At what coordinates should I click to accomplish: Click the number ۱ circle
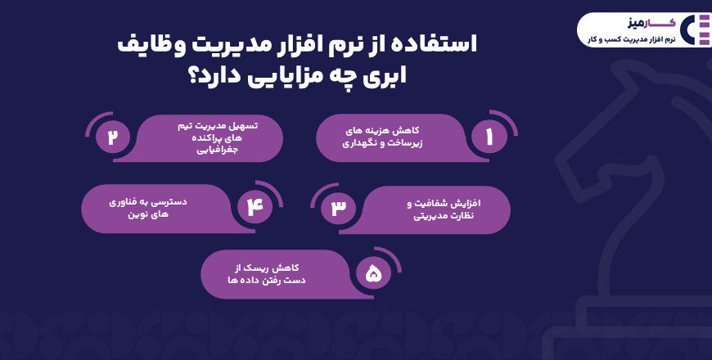(x=489, y=137)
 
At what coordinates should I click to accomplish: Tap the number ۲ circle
(x=113, y=137)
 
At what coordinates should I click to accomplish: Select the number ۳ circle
(x=338, y=208)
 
